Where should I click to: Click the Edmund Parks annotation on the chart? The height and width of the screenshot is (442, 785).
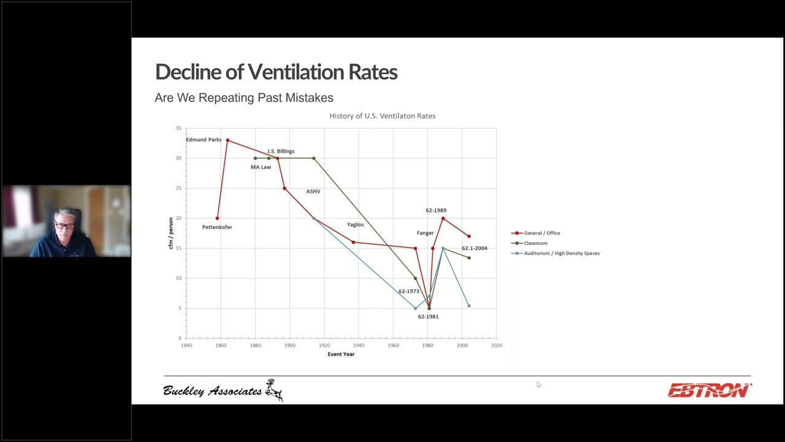204,140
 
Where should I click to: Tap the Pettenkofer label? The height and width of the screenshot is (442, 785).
217,227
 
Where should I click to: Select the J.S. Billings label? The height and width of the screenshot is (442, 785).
280,151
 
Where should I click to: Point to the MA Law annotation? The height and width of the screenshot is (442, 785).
261,167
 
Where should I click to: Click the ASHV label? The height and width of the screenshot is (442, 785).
313,192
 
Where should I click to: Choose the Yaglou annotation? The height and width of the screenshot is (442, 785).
355,225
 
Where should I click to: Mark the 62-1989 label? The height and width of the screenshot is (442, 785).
436,211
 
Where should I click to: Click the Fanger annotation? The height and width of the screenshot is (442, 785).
425,233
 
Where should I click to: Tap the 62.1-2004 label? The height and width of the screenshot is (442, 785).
474,249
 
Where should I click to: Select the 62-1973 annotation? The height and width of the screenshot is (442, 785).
408,292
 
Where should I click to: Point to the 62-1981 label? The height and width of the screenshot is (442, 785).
428,317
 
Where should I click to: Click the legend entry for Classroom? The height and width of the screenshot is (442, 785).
535,243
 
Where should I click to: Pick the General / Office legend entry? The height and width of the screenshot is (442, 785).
542,233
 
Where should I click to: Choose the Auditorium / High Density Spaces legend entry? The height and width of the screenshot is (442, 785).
561,253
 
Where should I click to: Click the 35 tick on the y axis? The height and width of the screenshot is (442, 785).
178,128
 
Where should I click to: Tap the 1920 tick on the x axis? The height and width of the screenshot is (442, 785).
324,345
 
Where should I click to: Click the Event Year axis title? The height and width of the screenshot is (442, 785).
341,354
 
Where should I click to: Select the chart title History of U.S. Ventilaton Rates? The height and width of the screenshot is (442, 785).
382,116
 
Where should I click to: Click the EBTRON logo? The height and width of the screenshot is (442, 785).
709,390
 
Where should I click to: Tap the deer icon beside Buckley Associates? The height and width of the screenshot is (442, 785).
274,390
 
